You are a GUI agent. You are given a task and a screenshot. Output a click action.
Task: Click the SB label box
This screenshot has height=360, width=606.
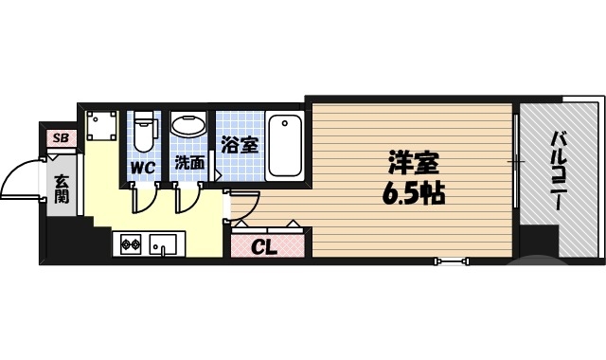point(61,138)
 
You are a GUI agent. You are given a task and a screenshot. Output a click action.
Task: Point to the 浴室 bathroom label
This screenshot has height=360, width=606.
point(239,146)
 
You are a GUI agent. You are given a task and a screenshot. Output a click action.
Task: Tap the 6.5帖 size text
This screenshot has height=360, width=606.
point(414,194)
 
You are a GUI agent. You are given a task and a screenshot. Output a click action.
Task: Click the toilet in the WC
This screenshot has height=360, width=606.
point(143,133)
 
